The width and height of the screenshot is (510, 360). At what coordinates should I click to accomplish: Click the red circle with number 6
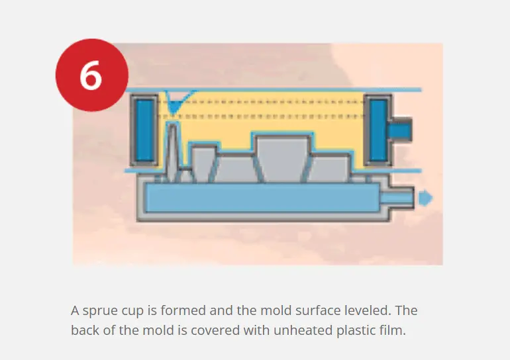click(92, 75)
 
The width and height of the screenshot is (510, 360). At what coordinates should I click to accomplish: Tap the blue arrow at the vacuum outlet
click(425, 198)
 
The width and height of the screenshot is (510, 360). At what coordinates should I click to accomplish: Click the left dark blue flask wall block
click(144, 130)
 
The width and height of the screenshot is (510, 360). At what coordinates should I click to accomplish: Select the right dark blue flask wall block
click(378, 130)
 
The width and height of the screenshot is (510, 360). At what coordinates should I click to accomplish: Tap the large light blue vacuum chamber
click(262, 198)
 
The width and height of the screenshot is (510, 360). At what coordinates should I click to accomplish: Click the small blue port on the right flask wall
click(400, 130)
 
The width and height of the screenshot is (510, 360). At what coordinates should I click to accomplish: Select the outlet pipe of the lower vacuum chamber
click(397, 198)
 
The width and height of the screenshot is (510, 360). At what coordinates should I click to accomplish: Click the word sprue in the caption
click(100, 311)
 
